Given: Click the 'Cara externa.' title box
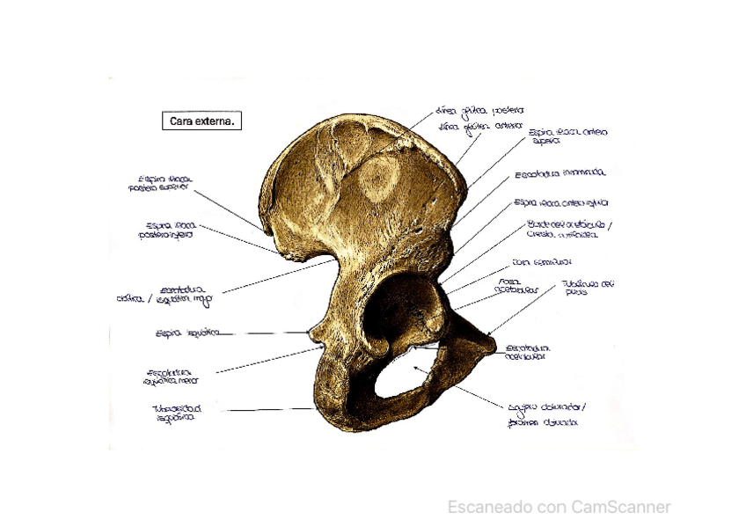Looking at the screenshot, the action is [x=201, y=122].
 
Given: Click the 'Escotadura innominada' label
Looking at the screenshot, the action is [x=559, y=173].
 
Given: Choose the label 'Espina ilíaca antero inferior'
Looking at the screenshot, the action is [x=560, y=202].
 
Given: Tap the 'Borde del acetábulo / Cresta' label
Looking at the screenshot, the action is [x=568, y=231].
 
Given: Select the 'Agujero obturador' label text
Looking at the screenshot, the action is [x=546, y=407].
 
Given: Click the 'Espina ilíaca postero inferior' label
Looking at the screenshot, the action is [x=165, y=230].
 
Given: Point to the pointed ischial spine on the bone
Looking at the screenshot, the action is [x=311, y=333].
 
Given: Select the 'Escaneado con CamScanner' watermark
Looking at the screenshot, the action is [x=559, y=507].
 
